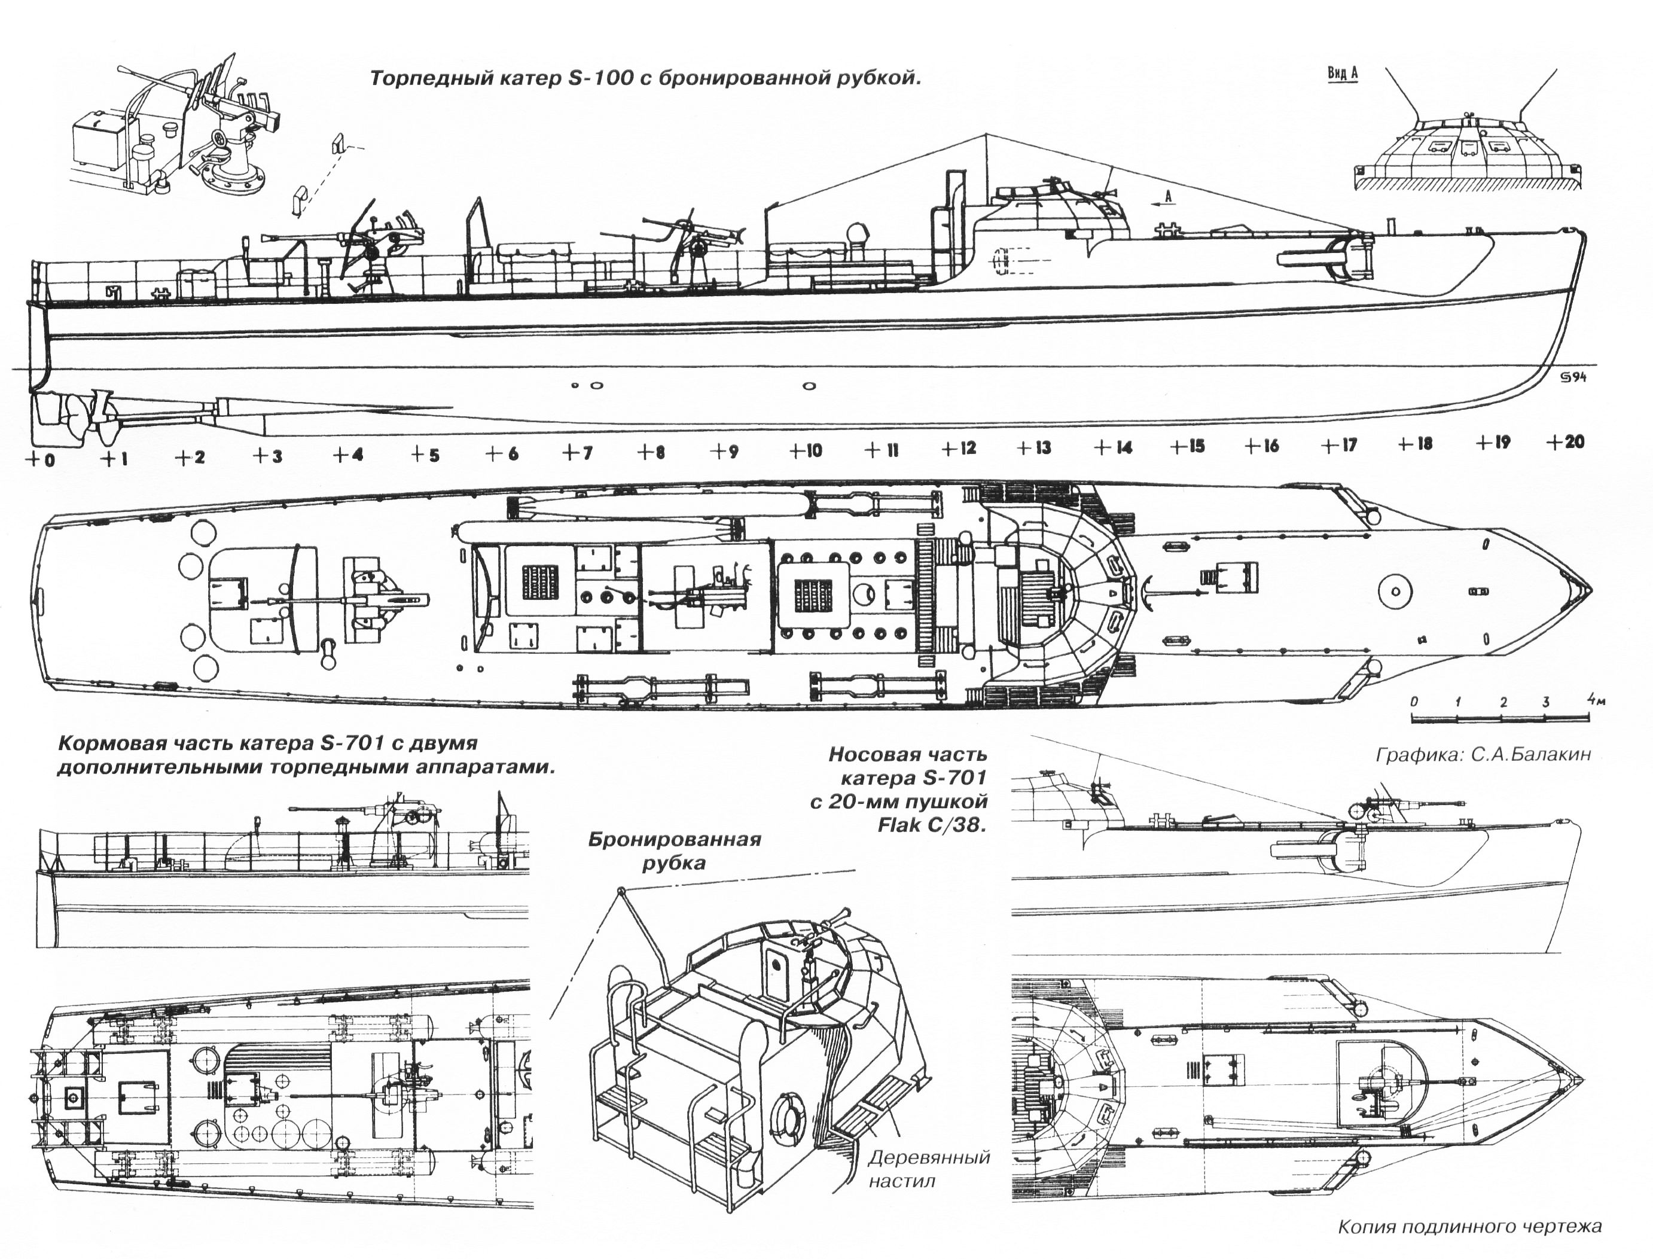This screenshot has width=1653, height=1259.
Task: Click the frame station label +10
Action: (x=806, y=450)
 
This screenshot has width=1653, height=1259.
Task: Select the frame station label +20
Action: (x=1566, y=441)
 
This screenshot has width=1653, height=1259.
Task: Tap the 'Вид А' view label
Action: (x=1342, y=74)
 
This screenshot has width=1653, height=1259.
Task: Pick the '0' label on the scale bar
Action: (x=1413, y=702)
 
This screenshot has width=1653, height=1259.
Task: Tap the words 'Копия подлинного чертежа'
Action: (x=1469, y=1227)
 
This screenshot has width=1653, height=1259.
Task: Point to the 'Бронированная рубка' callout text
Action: (x=675, y=850)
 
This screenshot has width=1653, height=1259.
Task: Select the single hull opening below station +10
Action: (x=808, y=387)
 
